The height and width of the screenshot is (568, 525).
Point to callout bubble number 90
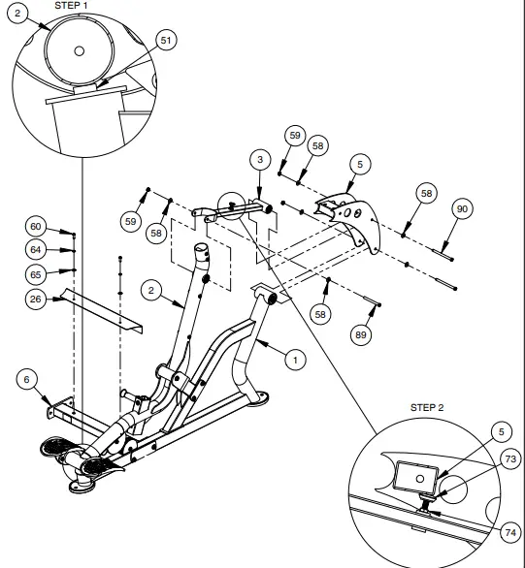[462, 210]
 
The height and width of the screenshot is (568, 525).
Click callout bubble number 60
[36, 227]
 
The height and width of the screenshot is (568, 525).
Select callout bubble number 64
[36, 250]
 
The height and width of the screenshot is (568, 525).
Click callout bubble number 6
[26, 380]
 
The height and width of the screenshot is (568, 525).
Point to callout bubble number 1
[295, 359]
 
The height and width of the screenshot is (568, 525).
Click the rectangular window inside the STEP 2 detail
[413, 476]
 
